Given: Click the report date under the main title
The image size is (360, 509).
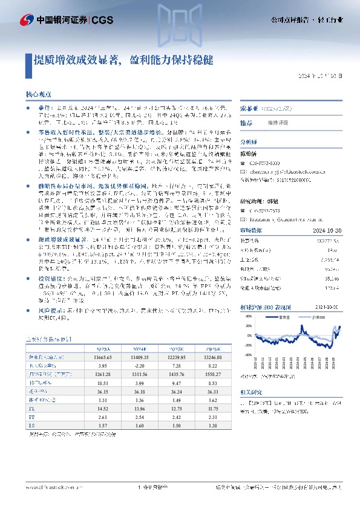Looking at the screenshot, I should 324,77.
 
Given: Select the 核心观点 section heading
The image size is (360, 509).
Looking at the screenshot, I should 38,96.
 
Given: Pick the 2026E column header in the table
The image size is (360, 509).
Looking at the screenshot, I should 210,349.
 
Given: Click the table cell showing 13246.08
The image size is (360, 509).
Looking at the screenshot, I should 210,358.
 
